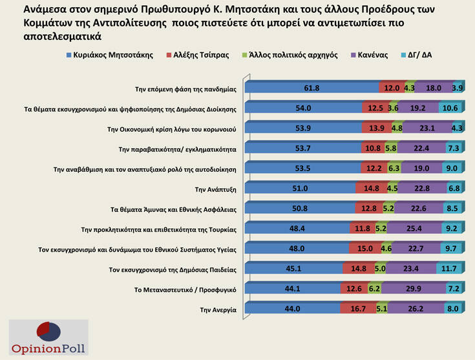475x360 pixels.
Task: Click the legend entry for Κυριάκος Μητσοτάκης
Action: point(109,55)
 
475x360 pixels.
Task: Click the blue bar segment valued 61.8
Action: point(313,87)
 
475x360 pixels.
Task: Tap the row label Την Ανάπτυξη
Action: point(215,189)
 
